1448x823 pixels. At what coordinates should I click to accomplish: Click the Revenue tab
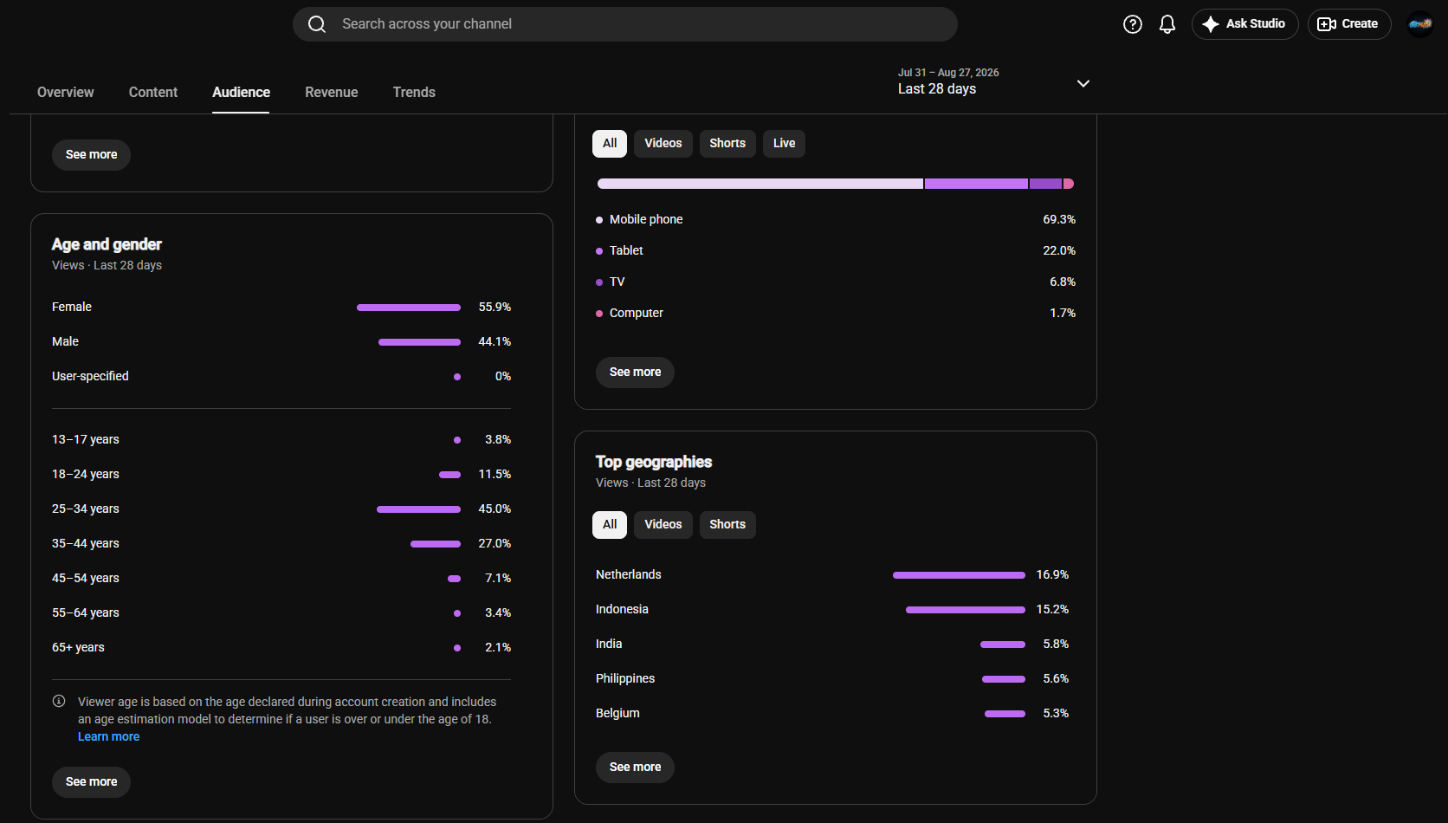(x=331, y=93)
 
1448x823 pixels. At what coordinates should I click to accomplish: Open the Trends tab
(x=414, y=93)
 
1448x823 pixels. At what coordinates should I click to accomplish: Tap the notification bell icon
(x=1167, y=24)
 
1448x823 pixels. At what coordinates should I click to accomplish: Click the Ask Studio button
(x=1244, y=24)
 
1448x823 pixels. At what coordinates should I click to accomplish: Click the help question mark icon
(x=1132, y=24)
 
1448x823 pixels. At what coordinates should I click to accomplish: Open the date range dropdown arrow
(x=1083, y=83)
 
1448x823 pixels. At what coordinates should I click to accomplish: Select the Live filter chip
(x=784, y=144)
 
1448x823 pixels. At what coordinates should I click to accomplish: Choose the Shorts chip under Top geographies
(x=727, y=524)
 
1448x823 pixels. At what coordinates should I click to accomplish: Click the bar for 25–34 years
(x=419, y=509)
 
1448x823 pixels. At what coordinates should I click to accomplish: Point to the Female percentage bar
(x=409, y=308)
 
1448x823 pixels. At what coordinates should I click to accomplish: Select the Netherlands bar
(x=959, y=575)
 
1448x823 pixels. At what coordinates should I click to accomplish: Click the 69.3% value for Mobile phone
(x=1059, y=220)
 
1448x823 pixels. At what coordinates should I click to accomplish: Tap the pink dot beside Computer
(x=599, y=314)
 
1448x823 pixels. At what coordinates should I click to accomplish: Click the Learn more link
(x=108, y=736)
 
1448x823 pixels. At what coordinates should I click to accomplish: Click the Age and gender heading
(x=107, y=244)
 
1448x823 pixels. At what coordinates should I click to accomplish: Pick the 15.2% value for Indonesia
(x=1051, y=610)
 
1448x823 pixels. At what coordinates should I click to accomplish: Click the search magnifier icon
(x=317, y=24)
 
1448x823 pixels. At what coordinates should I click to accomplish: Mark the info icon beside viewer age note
(x=59, y=702)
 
